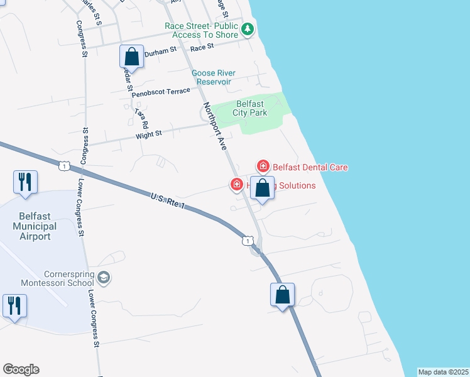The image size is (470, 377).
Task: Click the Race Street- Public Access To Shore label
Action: (202, 30)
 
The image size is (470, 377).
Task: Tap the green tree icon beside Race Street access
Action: (248, 28)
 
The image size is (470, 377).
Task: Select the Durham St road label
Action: (158, 53)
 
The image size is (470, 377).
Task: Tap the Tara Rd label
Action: (140, 117)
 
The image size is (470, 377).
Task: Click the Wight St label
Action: (149, 133)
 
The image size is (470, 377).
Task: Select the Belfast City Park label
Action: (251, 108)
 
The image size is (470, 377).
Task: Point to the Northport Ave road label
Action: (214, 126)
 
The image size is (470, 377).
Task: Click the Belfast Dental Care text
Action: (310, 167)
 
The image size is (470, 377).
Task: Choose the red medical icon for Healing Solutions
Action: (236, 185)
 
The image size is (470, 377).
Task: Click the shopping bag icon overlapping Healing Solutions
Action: (263, 187)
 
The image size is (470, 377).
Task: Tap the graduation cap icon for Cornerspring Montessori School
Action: (104, 278)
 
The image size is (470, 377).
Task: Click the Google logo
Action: (21, 369)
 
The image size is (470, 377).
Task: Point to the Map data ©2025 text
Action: (444, 372)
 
